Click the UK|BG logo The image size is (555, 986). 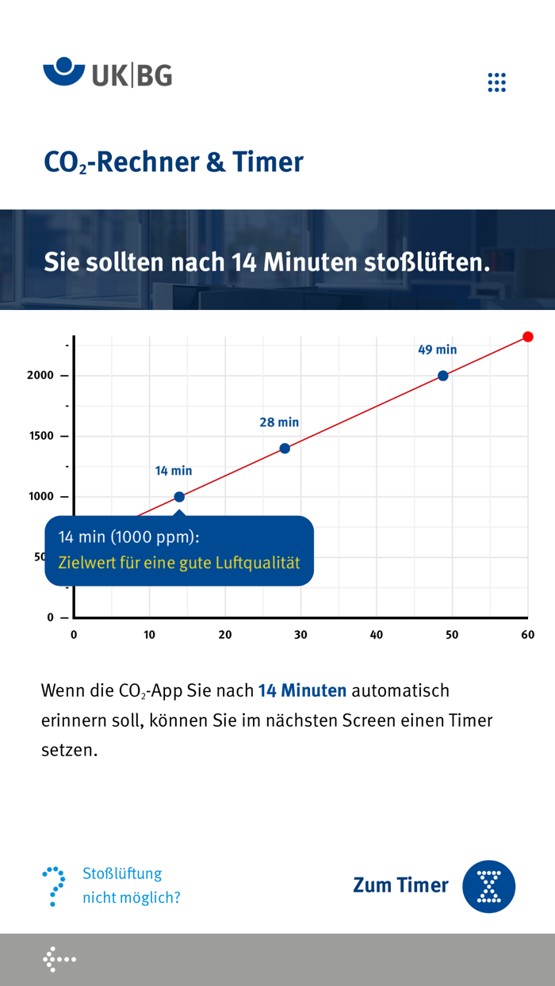(107, 74)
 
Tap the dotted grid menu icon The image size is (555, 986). (496, 82)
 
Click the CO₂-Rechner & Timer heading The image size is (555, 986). (174, 162)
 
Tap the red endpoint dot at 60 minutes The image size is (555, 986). (528, 337)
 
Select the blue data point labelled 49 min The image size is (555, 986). (443, 376)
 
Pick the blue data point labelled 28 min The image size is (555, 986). (285, 449)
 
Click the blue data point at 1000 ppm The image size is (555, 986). (179, 497)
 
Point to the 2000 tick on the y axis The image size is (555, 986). (40, 376)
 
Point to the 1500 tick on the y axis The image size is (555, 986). (40, 436)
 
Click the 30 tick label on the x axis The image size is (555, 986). (300, 635)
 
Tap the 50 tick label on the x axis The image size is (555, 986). (452, 635)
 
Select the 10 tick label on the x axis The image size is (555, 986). (149, 635)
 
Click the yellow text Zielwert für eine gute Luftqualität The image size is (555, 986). (179, 564)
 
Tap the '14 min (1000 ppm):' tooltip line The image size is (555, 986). (128, 537)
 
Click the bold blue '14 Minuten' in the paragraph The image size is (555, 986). (302, 690)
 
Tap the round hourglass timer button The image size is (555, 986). (489, 886)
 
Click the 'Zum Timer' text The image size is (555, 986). (400, 885)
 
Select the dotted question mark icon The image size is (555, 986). (54, 886)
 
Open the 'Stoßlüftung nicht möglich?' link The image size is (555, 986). (131, 885)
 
